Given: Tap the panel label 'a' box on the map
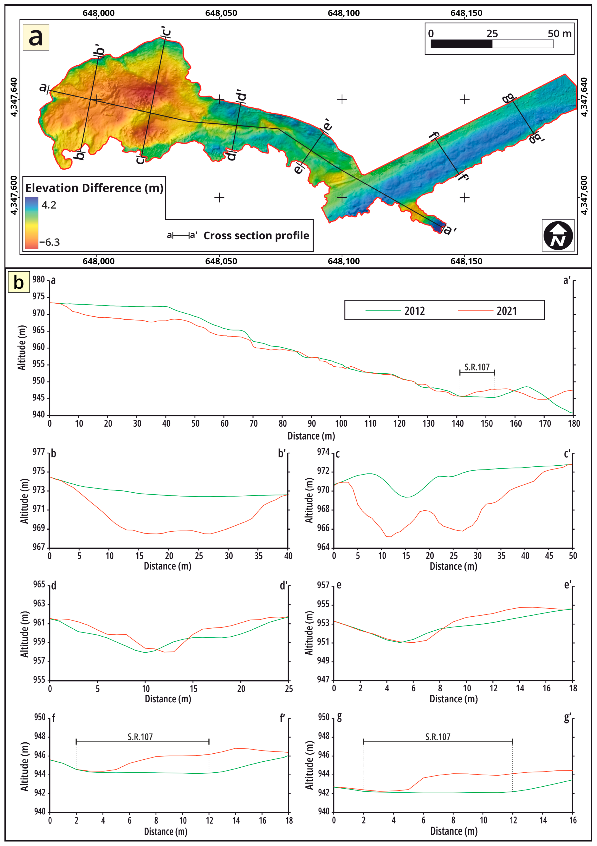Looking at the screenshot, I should tap(36, 37).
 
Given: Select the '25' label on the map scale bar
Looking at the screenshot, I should tap(492, 34).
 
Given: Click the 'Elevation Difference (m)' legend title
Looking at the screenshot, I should tap(94, 188).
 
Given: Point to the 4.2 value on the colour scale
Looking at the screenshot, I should tap(49, 205).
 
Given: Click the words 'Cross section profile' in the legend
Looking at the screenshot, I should tap(256, 236).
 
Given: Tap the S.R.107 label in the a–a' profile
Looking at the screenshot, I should tap(477, 367).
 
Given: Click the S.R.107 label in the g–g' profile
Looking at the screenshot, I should tap(438, 737).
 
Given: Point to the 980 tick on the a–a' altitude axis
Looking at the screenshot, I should tap(38, 280).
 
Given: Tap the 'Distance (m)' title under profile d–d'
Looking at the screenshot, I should tap(168, 699).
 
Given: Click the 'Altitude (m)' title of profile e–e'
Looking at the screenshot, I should tap(309, 633).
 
